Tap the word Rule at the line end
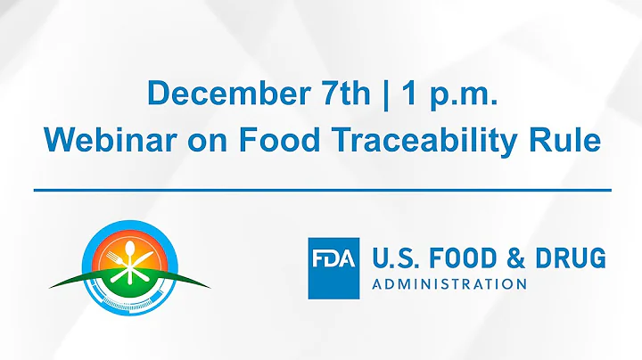[x=568, y=141]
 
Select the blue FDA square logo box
[x=333, y=266]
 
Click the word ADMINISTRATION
[x=449, y=284]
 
